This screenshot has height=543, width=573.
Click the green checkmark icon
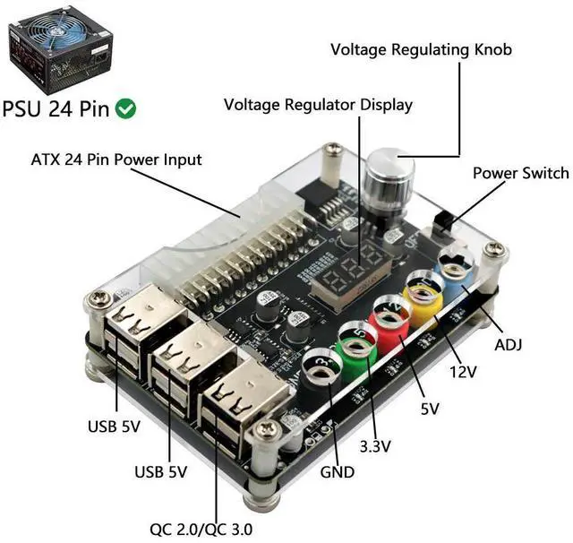click(x=127, y=108)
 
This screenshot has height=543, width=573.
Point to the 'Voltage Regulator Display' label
click(x=318, y=105)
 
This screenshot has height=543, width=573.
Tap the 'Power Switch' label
click(x=520, y=173)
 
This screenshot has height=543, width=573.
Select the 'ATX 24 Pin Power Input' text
click(x=116, y=160)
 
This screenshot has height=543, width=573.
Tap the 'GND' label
click(x=338, y=471)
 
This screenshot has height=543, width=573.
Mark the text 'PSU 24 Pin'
click(x=56, y=109)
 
